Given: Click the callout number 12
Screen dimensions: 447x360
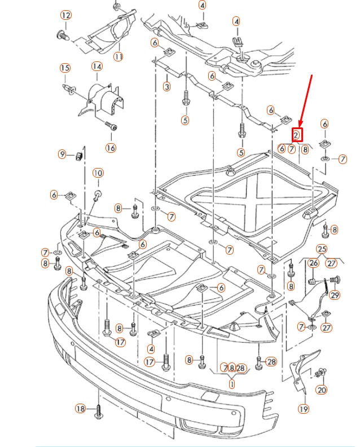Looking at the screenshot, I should tap(66, 15).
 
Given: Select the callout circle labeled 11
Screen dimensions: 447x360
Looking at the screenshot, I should tap(118, 56).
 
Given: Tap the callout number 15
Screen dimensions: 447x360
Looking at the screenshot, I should tap(65, 68).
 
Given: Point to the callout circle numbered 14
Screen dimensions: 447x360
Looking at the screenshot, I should tap(97, 67).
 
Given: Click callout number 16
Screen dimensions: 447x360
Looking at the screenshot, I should tap(110, 148).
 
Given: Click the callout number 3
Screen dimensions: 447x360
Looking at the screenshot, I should tap(166, 86).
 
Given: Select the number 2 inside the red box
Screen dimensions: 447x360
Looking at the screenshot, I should tap(297, 135).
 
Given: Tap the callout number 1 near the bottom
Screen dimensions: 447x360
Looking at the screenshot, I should tap(231, 383).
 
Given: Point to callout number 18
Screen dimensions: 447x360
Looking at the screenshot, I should tap(80, 408).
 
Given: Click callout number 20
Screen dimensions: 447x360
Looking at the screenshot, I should tap(322, 390).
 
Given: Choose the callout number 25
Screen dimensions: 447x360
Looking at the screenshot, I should tap(321, 249).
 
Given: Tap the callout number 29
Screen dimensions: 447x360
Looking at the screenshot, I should tap(335, 295).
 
